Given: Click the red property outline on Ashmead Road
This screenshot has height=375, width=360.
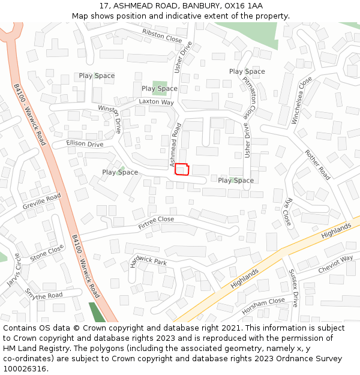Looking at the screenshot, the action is (182, 169).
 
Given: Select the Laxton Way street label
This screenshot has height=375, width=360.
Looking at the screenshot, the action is (156, 102).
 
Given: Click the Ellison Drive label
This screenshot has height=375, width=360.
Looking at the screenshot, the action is (85, 144).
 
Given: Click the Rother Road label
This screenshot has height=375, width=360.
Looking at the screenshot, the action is (317, 165).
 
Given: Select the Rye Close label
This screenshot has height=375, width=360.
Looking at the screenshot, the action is (287, 212).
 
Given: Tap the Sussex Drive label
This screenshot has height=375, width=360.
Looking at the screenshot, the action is (293, 289).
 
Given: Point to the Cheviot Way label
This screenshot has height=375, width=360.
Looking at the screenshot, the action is (335, 264).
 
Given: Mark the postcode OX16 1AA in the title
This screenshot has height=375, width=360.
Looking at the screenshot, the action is (242, 5).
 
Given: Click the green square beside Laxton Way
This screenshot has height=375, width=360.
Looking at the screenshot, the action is (160, 88).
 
